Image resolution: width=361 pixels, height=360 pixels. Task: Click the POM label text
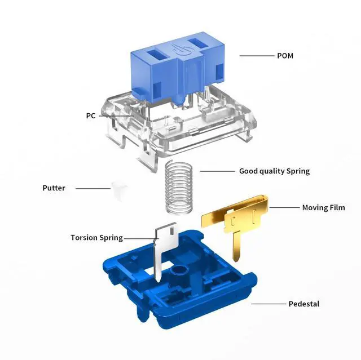[285, 56]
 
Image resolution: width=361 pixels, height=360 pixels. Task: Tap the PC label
[91, 115]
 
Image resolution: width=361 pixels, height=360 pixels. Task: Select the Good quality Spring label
[275, 171]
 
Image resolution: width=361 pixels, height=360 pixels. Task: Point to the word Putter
[54, 188]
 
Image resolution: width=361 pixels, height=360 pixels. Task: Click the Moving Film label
[323, 207]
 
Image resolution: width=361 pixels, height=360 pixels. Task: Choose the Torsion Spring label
[96, 238]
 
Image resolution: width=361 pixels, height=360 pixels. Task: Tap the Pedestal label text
[304, 304]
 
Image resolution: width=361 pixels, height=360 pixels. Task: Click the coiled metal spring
[179, 188]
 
